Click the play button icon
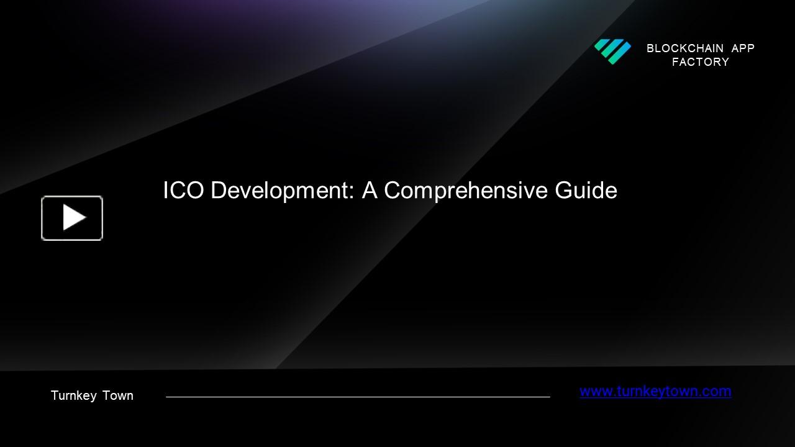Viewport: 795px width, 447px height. pos(72,218)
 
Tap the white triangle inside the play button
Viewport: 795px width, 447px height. pos(74,218)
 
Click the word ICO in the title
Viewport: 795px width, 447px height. pos(183,191)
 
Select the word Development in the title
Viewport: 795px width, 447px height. pos(282,191)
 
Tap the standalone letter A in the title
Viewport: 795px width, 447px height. pos(370,191)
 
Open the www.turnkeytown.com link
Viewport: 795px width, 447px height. pos(655,391)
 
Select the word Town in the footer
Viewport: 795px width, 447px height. pos(118,396)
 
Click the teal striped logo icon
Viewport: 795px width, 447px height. pos(612,52)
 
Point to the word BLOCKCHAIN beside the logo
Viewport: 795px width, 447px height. pos(684,48)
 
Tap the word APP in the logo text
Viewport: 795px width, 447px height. pos(743,48)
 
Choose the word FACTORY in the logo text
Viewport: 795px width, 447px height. pos(701,62)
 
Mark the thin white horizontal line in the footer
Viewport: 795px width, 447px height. pos(358,397)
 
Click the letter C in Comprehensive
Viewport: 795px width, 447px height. pos(393,191)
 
